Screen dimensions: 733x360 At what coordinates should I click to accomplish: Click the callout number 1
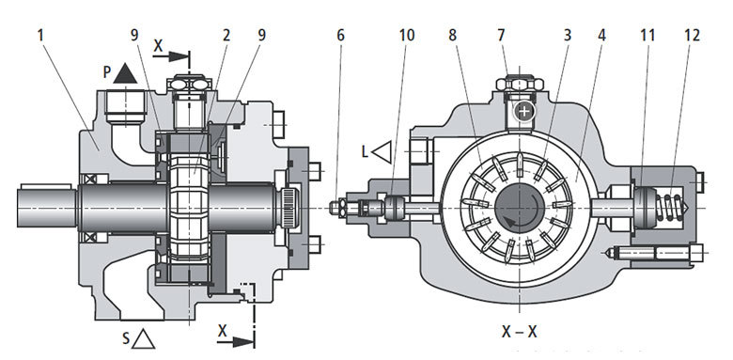click(x=41, y=36)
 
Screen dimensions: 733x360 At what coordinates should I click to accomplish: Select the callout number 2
click(x=226, y=36)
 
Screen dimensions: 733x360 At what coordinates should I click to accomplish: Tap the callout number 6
click(x=340, y=36)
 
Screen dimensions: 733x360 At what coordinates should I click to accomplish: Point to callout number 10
click(x=407, y=36)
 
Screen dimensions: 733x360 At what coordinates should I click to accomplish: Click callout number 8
click(x=453, y=36)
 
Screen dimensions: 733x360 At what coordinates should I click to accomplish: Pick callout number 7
click(x=502, y=36)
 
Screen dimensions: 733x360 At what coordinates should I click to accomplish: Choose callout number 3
click(x=568, y=36)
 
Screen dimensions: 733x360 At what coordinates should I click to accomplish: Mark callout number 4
click(x=602, y=36)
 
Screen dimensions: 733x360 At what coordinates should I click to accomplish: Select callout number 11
click(x=647, y=36)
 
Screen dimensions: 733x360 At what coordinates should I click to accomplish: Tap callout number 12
click(x=693, y=36)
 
